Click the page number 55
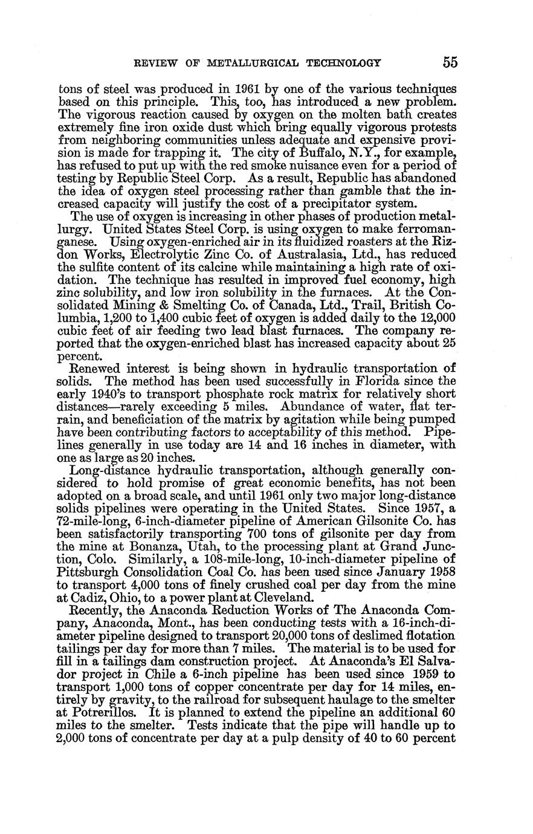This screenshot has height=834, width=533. click(x=450, y=62)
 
